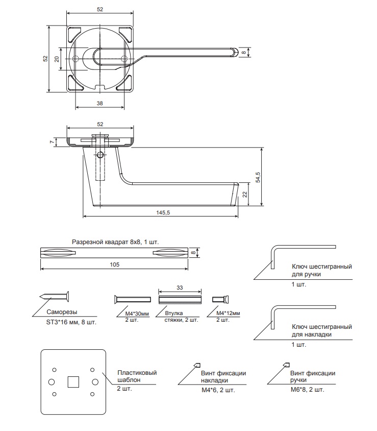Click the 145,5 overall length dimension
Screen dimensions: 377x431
coord(163,212)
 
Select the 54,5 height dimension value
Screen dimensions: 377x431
coord(258,178)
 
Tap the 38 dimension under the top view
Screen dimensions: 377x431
coord(99,103)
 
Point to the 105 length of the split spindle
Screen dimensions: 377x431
coord(114,265)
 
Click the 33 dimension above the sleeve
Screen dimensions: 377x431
coord(180,288)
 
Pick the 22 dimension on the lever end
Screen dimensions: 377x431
coord(245,195)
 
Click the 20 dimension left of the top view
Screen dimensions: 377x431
coord(57,59)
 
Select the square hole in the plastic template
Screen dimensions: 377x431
coord(73,382)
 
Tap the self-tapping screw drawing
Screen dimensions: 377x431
coord(55,297)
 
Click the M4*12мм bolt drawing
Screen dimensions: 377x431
coord(220,299)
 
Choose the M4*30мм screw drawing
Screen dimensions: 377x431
coord(132,299)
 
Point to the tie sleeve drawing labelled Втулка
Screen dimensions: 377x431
coord(180,300)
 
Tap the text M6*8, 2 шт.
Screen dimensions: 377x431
coord(308,390)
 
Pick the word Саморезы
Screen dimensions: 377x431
coord(62,312)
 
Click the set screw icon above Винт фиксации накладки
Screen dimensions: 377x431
coord(197,365)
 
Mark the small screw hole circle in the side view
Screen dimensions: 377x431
coord(100,155)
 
